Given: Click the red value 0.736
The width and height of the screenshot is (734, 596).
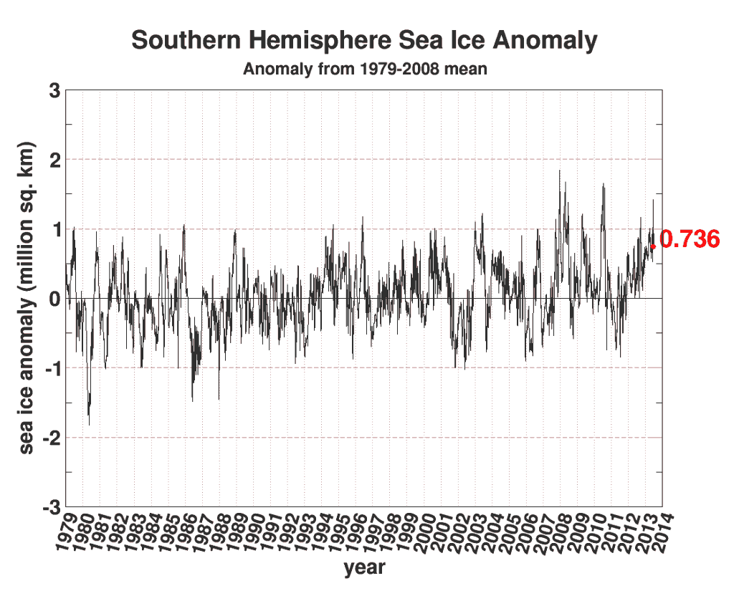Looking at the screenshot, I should [x=689, y=240].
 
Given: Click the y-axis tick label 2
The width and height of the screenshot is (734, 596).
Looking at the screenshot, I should [x=54, y=160].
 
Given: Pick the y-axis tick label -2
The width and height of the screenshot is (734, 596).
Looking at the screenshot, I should [x=49, y=437].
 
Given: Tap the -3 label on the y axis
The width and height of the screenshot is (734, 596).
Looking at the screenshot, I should [x=49, y=506].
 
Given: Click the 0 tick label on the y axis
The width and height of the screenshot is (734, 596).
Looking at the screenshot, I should [x=54, y=298].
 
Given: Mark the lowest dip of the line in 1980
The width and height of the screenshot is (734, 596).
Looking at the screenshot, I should [x=89, y=425].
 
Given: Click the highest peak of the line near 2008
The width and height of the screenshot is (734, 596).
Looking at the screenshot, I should [x=559, y=170].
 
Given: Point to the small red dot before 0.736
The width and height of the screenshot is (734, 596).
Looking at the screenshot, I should [x=652, y=246].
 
